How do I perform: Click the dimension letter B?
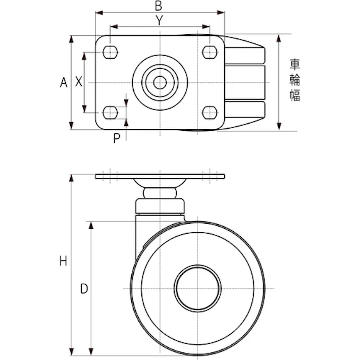coord(159,6)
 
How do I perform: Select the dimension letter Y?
coord(159,20)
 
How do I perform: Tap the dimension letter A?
coord(64,82)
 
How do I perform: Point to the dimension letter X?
coord(79,82)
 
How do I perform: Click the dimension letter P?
coord(117,138)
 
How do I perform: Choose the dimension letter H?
coord(63,261)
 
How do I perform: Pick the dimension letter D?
coord(84,288)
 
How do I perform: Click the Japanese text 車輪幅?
coord(295,81)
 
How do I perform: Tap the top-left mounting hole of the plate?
coord(111,52)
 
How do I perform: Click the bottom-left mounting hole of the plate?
coord(111,112)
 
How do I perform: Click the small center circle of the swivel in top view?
coord(160,82)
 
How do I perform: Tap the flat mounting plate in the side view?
coord(160,177)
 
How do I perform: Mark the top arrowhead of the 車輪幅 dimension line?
coord(279,37)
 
